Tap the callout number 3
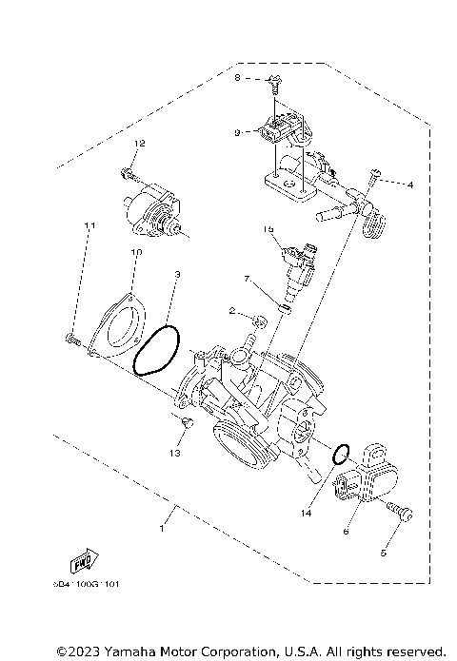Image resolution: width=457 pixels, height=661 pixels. pos(177,275)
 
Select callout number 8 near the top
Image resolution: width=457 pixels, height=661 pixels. pos(238,77)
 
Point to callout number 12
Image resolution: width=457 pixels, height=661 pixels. pos(138,143)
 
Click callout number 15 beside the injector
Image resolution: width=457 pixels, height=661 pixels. pos(269,230)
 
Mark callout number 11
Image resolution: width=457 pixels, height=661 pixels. pos(90,225)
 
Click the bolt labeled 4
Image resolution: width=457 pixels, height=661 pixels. pos(376,176)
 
